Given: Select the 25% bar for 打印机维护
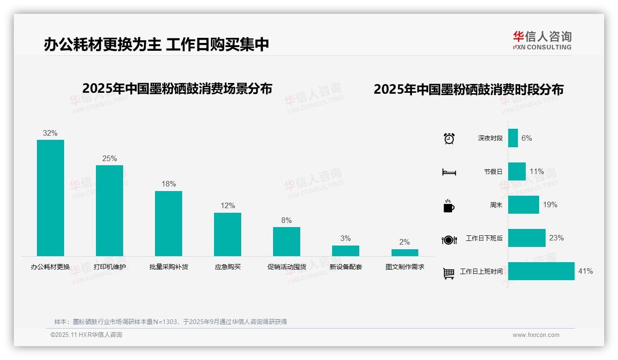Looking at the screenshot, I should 109,210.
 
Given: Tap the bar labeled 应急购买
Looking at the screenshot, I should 227,234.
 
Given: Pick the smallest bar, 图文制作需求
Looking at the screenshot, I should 404,252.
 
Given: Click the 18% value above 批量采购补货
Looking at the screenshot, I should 168,184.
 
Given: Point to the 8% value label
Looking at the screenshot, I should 286,221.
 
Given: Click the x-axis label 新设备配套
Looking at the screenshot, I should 345,267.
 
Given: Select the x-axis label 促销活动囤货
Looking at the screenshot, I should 286,267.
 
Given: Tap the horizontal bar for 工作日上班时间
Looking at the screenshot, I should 541,271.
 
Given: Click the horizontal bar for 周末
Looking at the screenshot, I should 523,204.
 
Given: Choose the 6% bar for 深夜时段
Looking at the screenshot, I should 513,138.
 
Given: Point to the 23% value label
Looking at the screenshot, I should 556,238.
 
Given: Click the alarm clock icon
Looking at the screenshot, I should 449,138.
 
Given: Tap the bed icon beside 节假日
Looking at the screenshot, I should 449,172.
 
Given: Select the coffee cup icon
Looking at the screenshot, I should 449,206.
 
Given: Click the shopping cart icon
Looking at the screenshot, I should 449,273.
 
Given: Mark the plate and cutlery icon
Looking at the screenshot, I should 449,240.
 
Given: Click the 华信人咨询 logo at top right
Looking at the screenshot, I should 542,40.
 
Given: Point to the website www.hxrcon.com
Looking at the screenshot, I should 535,335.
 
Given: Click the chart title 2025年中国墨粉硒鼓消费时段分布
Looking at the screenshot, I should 468,90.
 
